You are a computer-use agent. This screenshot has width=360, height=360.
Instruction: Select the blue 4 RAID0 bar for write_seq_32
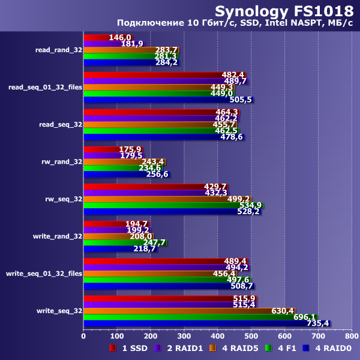click(206, 323)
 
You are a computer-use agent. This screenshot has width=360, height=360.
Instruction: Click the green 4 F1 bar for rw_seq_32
click(173, 205)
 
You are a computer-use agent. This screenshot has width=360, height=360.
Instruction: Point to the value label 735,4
click(317, 323)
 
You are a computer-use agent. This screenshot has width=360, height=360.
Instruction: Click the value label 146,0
click(120, 37)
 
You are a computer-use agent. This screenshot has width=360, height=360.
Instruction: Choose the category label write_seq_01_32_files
click(44, 274)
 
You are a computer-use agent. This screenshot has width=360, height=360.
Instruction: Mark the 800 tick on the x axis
click(352, 337)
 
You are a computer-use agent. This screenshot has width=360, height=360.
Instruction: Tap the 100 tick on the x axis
click(117, 337)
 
